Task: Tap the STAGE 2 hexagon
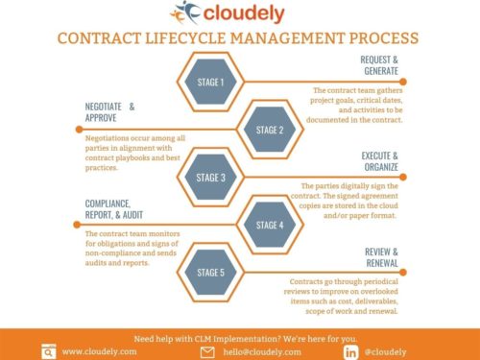tap(270, 130)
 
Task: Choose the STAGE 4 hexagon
tap(270, 225)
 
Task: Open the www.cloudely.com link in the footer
tap(100, 351)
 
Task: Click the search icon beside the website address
tap(48, 351)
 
